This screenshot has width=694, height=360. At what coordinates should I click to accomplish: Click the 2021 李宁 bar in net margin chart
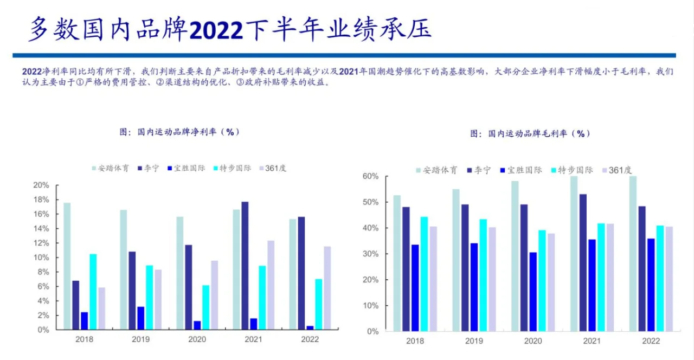click(246, 266)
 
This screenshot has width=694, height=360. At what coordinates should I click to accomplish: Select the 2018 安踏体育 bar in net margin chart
click(67, 266)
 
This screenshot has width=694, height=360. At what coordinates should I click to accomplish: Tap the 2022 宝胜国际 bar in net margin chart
click(310, 327)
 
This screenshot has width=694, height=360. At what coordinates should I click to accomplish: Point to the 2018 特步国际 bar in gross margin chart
click(424, 274)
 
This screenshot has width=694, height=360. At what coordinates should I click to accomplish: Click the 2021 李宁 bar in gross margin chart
click(582, 262)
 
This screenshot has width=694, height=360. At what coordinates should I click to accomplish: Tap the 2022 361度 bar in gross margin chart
click(669, 279)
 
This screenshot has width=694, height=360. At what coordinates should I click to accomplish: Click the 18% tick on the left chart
click(41, 200)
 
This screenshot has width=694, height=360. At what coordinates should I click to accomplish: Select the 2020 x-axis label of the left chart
click(197, 339)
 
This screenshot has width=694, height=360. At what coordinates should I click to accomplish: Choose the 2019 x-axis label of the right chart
click(474, 341)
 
